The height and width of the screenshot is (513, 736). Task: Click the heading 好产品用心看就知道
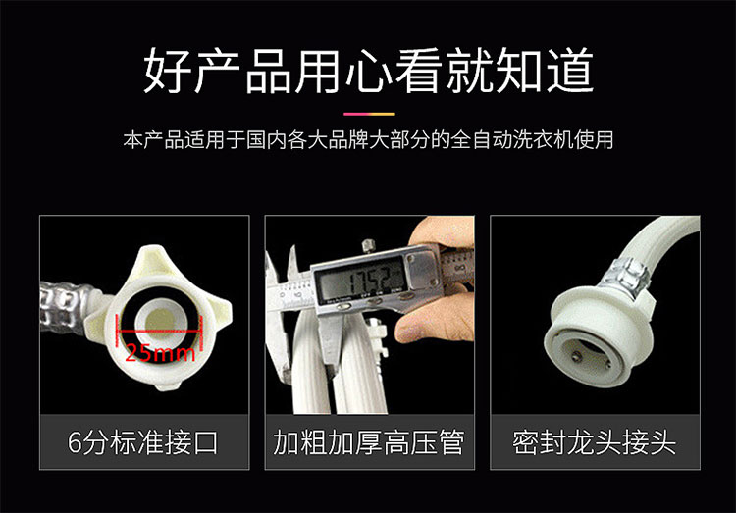click(x=368, y=71)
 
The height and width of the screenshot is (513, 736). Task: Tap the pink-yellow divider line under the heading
click(x=369, y=114)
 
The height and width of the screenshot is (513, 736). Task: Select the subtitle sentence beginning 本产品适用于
click(x=368, y=140)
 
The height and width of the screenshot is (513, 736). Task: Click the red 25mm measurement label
click(x=160, y=352)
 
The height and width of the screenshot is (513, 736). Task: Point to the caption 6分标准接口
click(x=143, y=442)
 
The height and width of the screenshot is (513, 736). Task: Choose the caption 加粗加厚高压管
click(x=369, y=442)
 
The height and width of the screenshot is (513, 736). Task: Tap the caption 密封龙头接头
click(x=595, y=442)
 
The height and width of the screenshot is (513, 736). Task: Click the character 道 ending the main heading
click(x=570, y=71)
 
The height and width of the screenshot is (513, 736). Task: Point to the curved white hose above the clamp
click(x=657, y=239)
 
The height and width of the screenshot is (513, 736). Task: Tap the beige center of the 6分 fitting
click(x=161, y=322)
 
